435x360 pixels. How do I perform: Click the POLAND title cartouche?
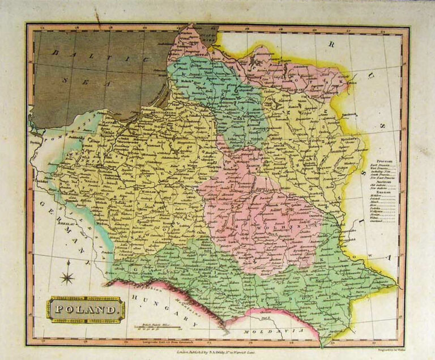[86, 309]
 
